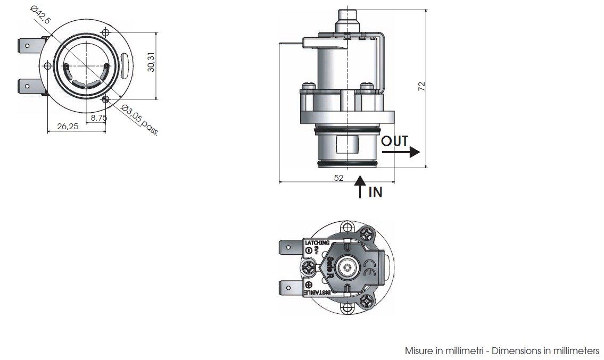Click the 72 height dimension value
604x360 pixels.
pyautogui.click(x=422, y=87)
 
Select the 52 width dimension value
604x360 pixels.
pyautogui.click(x=338, y=178)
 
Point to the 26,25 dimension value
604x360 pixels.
pyautogui.click(x=68, y=126)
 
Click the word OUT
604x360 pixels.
pyautogui.click(x=394, y=141)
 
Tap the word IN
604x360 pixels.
pyautogui.click(x=375, y=192)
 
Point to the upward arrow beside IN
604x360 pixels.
pyautogui.click(x=360, y=186)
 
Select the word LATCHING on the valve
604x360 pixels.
pyautogui.click(x=317, y=243)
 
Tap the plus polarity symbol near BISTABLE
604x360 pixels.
pyautogui.click(x=309, y=285)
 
